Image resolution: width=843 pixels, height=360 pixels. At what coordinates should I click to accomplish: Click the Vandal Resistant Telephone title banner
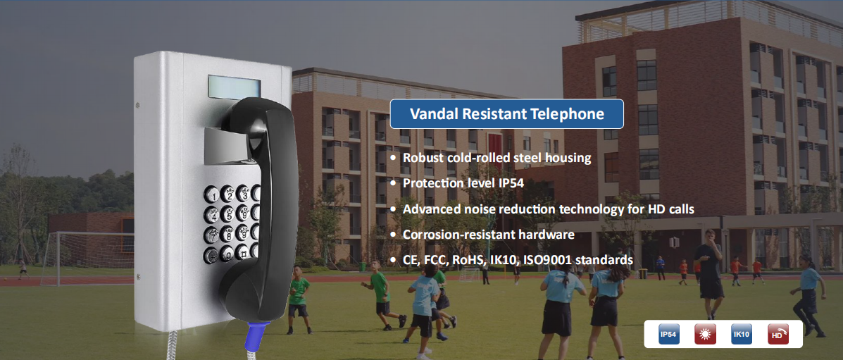506,114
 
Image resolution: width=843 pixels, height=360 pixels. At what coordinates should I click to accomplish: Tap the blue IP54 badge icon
669,334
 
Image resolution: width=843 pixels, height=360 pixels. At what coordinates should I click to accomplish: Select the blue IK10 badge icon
742,334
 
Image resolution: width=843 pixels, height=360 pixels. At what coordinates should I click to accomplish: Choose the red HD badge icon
778,334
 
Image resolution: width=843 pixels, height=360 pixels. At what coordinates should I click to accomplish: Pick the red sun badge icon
705,334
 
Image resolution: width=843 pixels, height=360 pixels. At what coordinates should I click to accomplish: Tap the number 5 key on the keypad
228,214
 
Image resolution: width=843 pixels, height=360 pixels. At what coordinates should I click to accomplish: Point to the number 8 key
228,234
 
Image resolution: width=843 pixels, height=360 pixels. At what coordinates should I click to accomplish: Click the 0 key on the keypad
227,253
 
